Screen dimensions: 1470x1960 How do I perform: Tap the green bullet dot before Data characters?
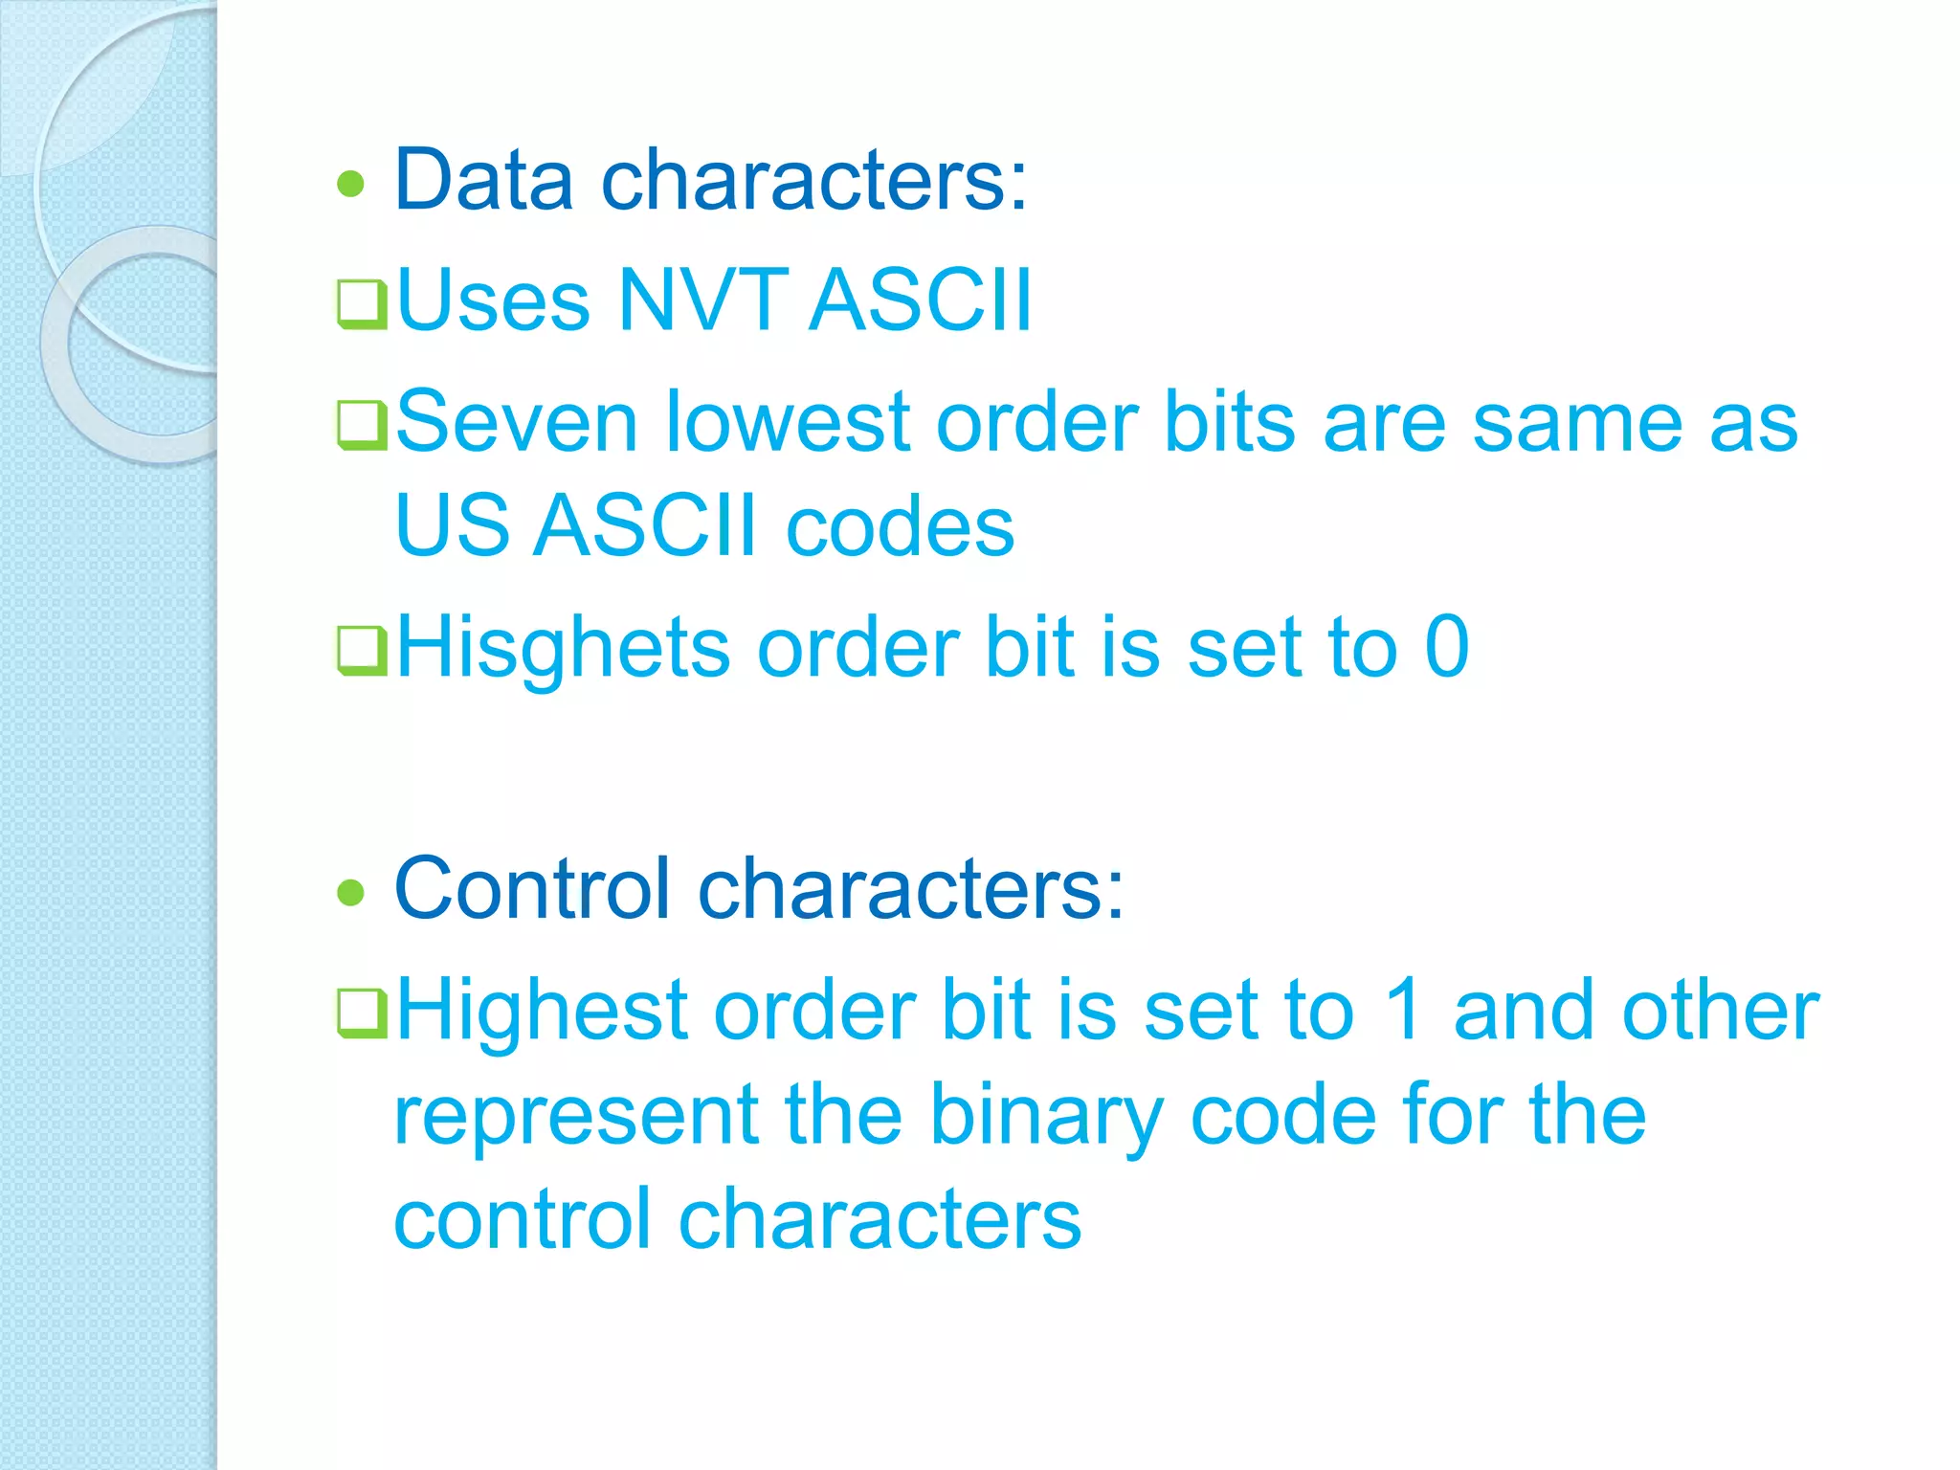(352, 183)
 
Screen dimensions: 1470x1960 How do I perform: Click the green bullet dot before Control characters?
(352, 892)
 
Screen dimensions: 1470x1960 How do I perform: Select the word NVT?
(702, 301)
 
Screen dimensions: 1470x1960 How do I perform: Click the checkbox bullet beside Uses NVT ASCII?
(362, 303)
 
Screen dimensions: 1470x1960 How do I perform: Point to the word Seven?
(516, 422)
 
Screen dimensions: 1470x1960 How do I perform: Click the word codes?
(900, 527)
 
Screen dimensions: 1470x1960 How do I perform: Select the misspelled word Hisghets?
(563, 649)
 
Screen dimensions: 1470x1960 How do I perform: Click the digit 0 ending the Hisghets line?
(1446, 647)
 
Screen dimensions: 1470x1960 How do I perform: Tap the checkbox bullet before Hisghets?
(362, 650)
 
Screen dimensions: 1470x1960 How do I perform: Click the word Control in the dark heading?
(532, 889)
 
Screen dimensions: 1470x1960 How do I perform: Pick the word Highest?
(542, 1012)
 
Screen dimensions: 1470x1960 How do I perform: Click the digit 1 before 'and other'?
(1404, 1010)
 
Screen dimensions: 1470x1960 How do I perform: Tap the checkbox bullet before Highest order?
(362, 1013)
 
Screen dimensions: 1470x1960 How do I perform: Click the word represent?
(577, 1116)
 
